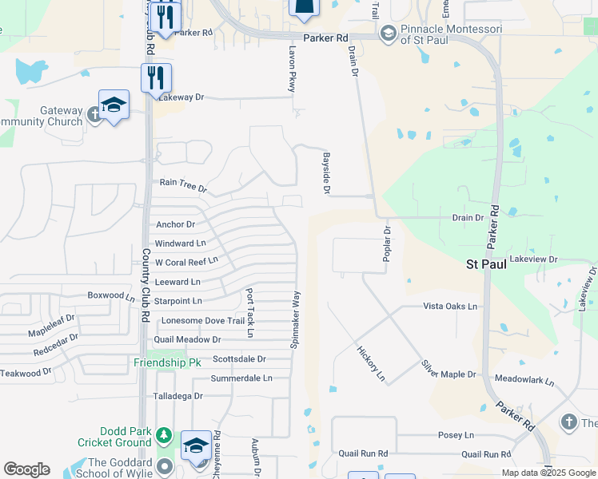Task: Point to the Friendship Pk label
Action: (x=167, y=362)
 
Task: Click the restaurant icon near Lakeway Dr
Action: (x=155, y=78)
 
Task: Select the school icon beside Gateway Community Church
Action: (x=114, y=105)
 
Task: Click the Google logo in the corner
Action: (x=26, y=469)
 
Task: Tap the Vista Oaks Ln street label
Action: (x=449, y=306)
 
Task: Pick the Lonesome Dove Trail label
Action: (x=202, y=321)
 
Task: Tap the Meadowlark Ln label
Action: (x=524, y=380)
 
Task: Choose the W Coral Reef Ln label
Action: (x=186, y=262)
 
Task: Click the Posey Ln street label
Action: (x=456, y=436)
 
